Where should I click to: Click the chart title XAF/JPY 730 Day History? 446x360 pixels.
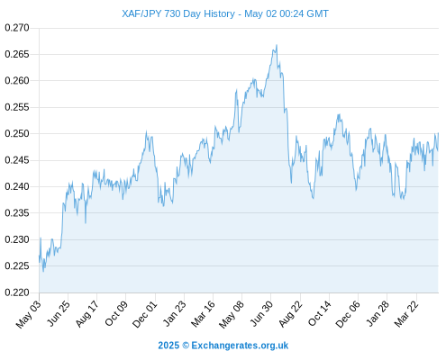pos(178,13)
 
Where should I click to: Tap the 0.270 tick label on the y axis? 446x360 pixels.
pos(17,28)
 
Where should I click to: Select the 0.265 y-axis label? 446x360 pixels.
pos(17,54)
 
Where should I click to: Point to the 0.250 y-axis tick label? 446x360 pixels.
pos(17,133)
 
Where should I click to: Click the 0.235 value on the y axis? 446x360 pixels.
pos(17,213)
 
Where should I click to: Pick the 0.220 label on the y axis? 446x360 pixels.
pos(17,292)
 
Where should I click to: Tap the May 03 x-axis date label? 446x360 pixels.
pos(28,314)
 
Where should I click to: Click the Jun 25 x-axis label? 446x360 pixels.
pos(59,313)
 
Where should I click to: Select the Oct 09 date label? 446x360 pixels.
pos(116,313)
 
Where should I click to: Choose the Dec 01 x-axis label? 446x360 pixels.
pos(145,314)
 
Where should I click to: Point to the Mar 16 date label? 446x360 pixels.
pos(204,314)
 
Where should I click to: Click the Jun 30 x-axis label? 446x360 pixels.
pos(262,313)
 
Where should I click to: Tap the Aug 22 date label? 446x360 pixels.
pos(290,314)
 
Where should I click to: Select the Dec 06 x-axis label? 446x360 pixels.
pos(348,314)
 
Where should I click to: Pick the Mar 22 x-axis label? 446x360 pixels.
pos(406,314)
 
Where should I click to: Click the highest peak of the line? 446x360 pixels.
pos(277,45)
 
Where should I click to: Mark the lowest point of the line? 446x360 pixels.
pos(43,272)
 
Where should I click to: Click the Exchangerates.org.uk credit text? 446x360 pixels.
pos(240,346)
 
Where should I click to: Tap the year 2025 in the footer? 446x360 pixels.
pos(168,346)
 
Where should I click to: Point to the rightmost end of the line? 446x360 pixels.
pos(438,133)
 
